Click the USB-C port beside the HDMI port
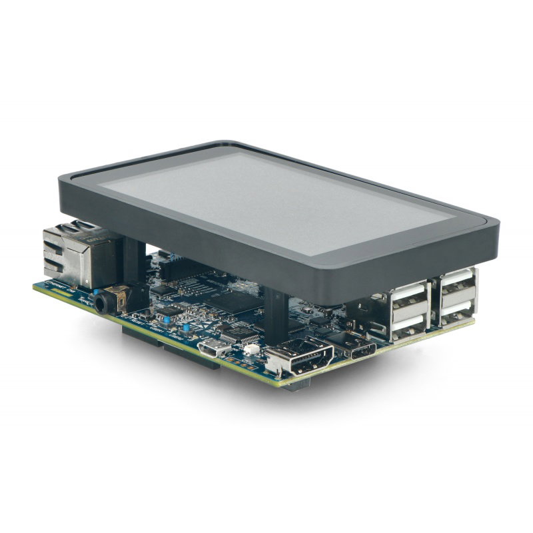click(x=363, y=349)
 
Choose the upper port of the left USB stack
click(x=408, y=296)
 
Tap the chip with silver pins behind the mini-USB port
click(x=233, y=332)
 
